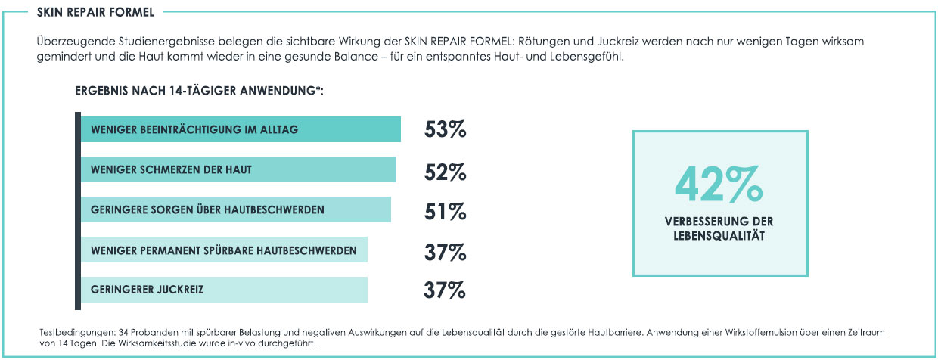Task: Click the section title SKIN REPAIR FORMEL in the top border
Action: tap(85, 12)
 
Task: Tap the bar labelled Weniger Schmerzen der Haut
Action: tap(238, 169)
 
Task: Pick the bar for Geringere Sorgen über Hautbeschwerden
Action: tap(235, 209)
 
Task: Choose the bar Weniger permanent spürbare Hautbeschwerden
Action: tap(224, 250)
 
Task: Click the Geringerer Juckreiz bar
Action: tap(224, 290)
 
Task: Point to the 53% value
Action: tap(445, 130)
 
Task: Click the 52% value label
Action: tap(445, 172)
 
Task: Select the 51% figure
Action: tap(445, 213)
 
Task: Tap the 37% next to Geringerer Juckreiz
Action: tap(445, 290)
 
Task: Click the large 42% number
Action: tap(719, 184)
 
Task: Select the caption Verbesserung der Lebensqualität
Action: tap(719, 228)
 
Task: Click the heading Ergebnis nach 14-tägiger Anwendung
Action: tap(200, 91)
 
